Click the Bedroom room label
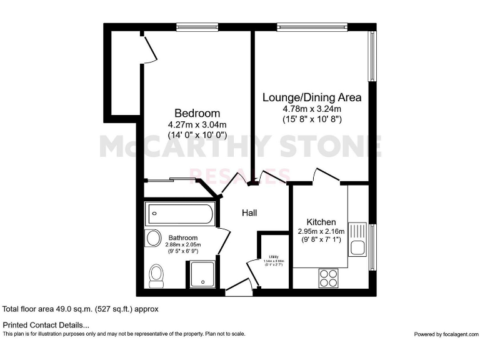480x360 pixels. [x=197, y=113]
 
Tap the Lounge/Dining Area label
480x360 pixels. [x=311, y=97]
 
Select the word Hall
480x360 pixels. [x=250, y=213]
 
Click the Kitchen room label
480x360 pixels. [x=321, y=222]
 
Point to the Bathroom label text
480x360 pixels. [x=183, y=237]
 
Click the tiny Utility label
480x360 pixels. [x=273, y=257]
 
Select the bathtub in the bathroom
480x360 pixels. [x=179, y=215]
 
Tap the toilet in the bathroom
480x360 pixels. [x=156, y=275]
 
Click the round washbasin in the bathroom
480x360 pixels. [x=152, y=238]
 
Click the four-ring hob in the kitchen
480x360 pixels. [x=328, y=277]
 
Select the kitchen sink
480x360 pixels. [x=358, y=240]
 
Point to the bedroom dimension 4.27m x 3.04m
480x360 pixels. [x=197, y=124]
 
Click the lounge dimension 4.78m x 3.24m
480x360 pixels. [x=311, y=108]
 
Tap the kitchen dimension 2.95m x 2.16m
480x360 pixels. [x=321, y=231]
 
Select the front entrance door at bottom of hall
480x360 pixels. [x=237, y=288]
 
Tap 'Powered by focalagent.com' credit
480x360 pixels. [x=445, y=334]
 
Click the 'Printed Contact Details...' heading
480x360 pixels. [x=46, y=324]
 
